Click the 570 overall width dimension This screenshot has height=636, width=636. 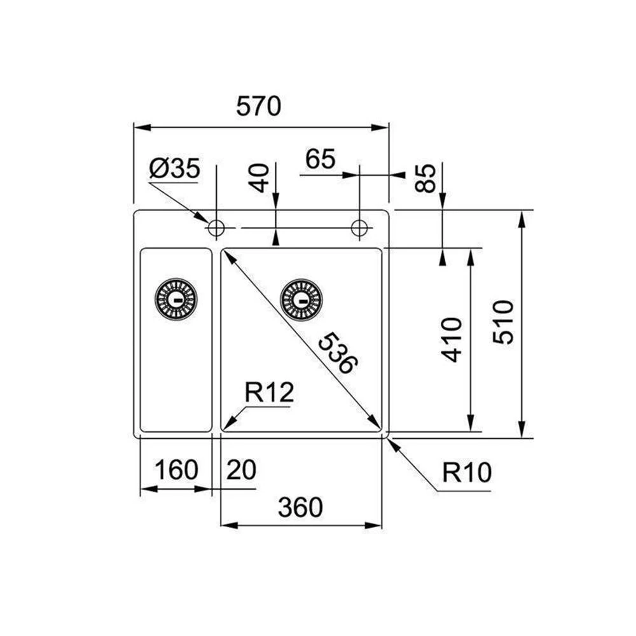click(x=258, y=107)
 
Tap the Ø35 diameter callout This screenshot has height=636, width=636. click(x=174, y=169)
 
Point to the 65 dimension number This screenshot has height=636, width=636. click(x=320, y=160)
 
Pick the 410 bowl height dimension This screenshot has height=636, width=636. click(x=452, y=340)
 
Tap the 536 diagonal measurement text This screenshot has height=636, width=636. click(x=337, y=352)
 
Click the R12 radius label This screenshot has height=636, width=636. click(x=269, y=394)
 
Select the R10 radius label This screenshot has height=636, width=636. click(x=467, y=473)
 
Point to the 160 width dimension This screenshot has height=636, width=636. click(x=176, y=471)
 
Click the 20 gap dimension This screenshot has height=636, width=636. click(x=241, y=471)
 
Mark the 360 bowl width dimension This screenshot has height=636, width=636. click(x=300, y=508)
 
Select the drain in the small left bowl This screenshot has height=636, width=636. click(x=176, y=298)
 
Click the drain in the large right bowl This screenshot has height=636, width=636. click(x=301, y=299)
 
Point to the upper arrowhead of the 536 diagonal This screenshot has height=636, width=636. click(x=227, y=256)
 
